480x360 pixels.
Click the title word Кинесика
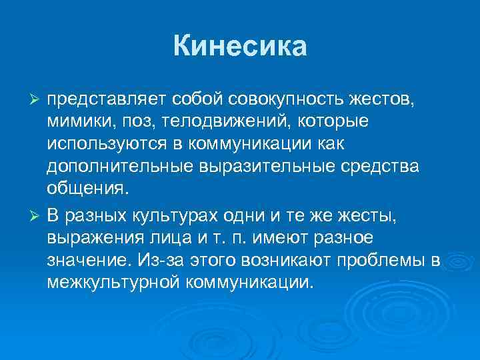click(x=240, y=47)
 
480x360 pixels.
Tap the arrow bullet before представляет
click(x=37, y=100)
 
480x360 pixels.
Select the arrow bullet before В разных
click(x=37, y=213)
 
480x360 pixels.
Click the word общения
click(x=85, y=190)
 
